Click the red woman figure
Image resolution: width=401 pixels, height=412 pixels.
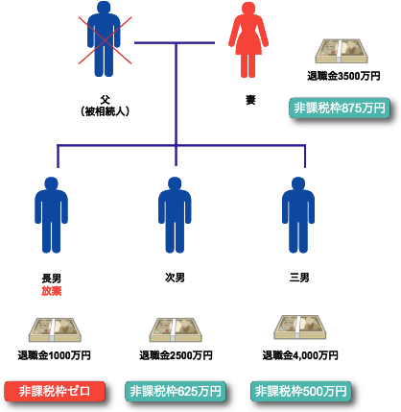pyautogui.click(x=248, y=40)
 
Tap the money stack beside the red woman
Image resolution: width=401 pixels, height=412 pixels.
pyautogui.click(x=342, y=50)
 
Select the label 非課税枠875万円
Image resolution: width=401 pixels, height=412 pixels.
pyautogui.click(x=340, y=108)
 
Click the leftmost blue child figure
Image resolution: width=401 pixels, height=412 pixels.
pyautogui.click(x=51, y=215)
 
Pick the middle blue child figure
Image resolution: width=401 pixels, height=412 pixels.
pyautogui.click(x=175, y=215)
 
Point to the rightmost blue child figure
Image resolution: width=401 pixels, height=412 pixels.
pyautogui.click(x=298, y=215)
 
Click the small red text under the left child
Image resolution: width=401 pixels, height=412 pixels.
pyautogui.click(x=52, y=290)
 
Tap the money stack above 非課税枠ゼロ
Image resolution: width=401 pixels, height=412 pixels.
pyautogui.click(x=55, y=329)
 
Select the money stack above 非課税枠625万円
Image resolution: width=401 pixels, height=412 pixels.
pyautogui.click(x=176, y=329)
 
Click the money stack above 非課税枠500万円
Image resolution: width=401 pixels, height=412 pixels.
pyautogui.click(x=300, y=327)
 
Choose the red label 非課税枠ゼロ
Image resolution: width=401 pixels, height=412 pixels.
pyautogui.click(x=55, y=391)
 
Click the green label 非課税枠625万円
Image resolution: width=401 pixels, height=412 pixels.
pyautogui.click(x=176, y=391)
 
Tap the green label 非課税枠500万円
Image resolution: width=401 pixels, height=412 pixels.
pyautogui.click(x=300, y=391)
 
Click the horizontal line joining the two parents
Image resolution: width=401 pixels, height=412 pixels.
pyautogui.click(x=175, y=43)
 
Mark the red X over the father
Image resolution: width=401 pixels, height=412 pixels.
pyautogui.click(x=105, y=41)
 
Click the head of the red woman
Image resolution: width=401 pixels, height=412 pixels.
pyautogui.click(x=248, y=9)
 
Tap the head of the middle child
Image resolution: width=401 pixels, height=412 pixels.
pyautogui.click(x=175, y=182)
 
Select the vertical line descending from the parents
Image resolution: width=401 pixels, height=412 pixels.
pyautogui.click(x=176, y=96)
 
